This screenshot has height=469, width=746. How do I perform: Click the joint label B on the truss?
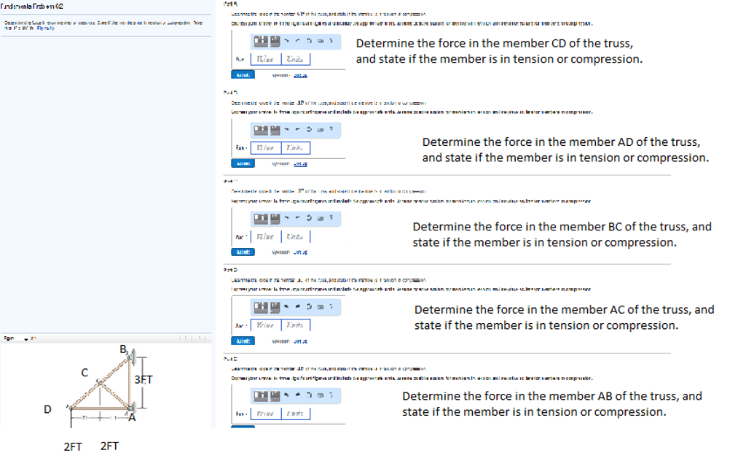[122, 350]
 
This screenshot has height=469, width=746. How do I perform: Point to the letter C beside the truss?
[85, 373]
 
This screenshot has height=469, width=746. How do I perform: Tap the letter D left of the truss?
[48, 409]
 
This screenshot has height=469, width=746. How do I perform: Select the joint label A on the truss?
[132, 418]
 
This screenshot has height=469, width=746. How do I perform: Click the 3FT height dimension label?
[144, 380]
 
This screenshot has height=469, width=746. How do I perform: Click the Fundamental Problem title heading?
[35, 6]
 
